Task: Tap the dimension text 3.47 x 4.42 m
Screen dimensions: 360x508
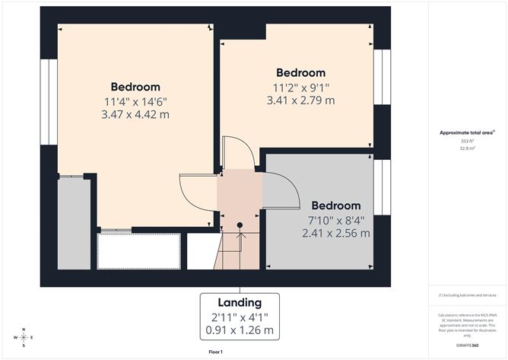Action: point(136,114)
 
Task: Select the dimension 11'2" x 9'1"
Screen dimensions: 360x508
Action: point(300,87)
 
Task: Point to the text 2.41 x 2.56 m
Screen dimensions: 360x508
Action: point(335,233)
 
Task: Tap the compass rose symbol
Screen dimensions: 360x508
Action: point(24,336)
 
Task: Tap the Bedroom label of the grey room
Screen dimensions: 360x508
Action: point(335,205)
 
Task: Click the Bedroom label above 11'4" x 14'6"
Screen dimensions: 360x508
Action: point(135,87)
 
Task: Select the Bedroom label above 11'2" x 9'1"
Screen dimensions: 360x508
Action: point(300,73)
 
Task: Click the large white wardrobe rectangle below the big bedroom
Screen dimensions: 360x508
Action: point(138,250)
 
